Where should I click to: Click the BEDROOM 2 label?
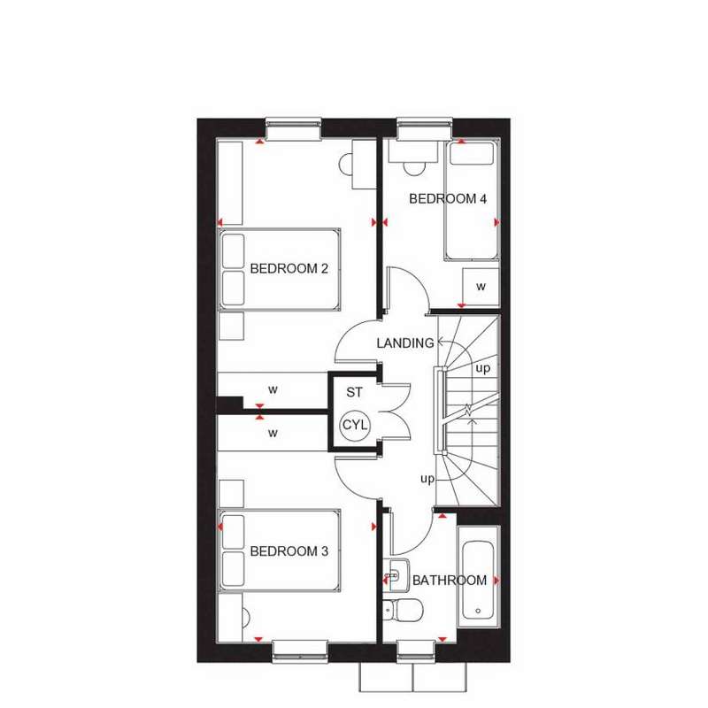pos(289,268)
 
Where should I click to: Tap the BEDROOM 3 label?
pos(289,551)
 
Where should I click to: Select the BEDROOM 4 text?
pos(448,199)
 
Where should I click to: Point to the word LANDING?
pos(405,342)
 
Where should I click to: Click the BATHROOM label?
pos(450,581)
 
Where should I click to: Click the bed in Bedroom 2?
pos(280,270)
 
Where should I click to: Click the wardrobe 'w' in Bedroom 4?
pos(481,287)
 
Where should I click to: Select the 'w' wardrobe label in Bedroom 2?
pos(274,388)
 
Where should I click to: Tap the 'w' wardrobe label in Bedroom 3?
pos(274,433)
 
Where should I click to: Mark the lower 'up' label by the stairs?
pos(427,479)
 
